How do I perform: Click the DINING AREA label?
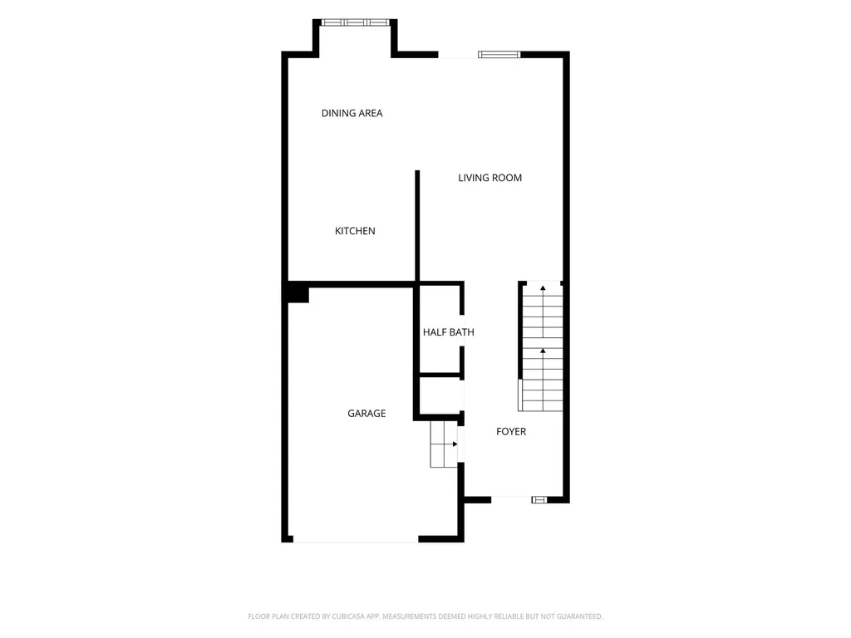click(x=352, y=113)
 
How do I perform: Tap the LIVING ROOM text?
click(x=489, y=178)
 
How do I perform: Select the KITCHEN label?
click(x=355, y=231)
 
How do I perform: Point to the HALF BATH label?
click(x=448, y=332)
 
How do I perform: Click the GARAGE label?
click(x=366, y=414)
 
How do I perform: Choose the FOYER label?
click(x=511, y=431)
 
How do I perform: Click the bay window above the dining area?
click(x=355, y=22)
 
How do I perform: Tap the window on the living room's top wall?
click(x=499, y=54)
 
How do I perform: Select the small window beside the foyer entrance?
click(x=539, y=499)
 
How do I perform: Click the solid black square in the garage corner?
click(x=298, y=293)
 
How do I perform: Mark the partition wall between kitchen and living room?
click(x=417, y=226)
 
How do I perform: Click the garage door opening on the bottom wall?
click(x=356, y=539)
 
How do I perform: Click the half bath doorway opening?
click(x=462, y=331)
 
